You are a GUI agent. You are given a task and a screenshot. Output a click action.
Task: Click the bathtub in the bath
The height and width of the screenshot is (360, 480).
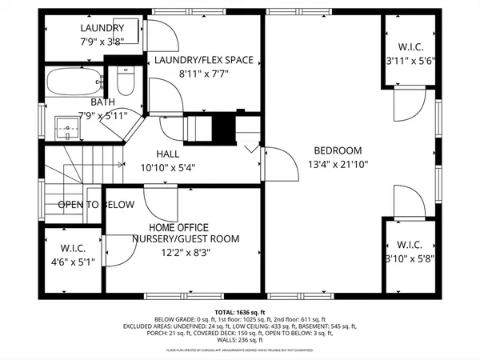tap(74, 81)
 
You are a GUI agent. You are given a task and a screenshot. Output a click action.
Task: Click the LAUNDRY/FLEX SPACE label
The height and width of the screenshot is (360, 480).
tap(203, 60)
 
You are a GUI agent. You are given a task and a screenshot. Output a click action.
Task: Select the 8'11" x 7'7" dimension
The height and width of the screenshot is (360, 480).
tap(203, 75)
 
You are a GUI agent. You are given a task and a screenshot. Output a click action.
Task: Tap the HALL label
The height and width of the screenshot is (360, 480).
tap(168, 154)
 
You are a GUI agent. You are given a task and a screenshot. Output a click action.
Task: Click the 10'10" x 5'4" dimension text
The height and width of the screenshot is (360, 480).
tap(168, 168)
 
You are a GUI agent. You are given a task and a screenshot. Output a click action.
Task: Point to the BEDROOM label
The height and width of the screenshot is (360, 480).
tap(337, 150)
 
